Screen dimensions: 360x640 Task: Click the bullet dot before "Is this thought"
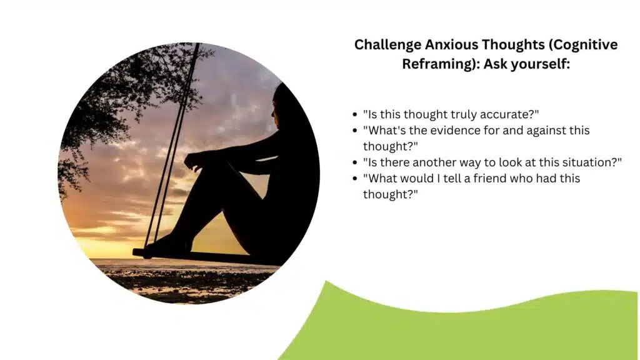pyautogui.click(x=356, y=115)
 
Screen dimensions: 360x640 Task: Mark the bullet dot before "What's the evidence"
pyautogui.click(x=356, y=131)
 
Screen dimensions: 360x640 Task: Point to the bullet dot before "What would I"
pyautogui.click(x=356, y=179)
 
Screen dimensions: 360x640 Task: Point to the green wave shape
pyautogui.click(x=475, y=325)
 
